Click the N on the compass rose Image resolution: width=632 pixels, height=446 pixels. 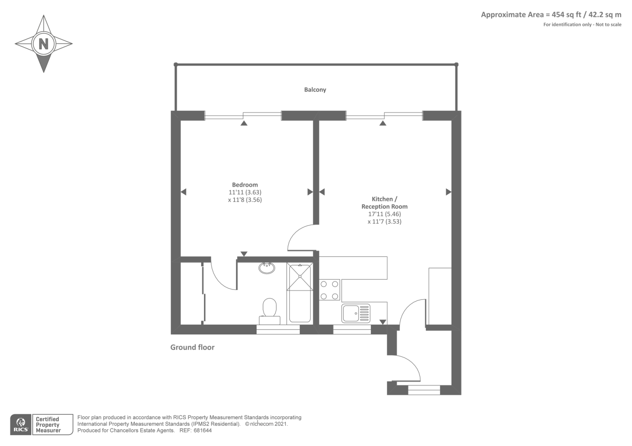click(43, 44)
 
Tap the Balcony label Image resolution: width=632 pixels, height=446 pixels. click(315, 90)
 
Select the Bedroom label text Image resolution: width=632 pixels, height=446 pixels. click(245, 185)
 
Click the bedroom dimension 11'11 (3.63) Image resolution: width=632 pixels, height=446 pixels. click(245, 192)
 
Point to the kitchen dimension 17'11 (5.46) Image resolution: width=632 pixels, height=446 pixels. click(384, 214)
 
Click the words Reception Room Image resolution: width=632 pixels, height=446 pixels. click(384, 206)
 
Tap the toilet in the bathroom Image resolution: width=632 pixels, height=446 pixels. click(269, 311)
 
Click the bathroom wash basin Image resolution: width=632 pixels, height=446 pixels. click(267, 268)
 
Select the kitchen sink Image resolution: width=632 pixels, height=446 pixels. click(355, 313)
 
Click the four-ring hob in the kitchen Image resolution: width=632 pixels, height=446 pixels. click(329, 290)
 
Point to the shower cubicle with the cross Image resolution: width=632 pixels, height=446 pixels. click(300, 277)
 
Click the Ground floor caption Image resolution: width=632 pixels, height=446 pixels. click(192, 347)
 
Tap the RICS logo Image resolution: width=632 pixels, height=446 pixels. click(21, 424)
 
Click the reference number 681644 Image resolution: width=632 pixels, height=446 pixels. click(203, 431)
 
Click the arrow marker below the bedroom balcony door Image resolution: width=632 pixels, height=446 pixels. click(244, 123)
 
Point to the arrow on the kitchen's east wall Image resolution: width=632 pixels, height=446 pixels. click(448, 192)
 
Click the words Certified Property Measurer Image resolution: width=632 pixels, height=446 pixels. click(48, 425)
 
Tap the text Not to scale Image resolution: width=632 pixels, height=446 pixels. click(608, 24)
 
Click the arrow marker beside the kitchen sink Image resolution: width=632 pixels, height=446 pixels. click(383, 322)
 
